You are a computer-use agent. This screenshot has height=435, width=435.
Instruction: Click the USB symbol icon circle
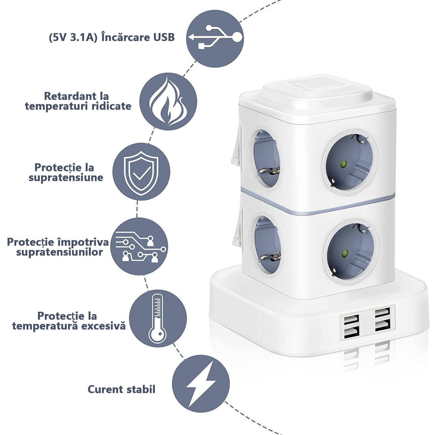coord(215,39)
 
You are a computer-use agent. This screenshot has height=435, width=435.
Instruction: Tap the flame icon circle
coord(168,101)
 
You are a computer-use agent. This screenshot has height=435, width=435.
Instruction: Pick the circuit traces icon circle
coord(139,246)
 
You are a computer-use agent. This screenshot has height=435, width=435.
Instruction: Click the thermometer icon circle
coord(158,318)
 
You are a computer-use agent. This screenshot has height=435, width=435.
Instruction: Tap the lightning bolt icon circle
coord(201,383)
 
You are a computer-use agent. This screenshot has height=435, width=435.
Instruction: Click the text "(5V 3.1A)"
coord(73,37)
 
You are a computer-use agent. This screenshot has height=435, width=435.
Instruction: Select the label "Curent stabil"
coord(122,389)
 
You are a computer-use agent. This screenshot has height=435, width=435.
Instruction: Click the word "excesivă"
coord(103,326)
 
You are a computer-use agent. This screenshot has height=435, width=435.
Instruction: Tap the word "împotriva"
coord(83,242)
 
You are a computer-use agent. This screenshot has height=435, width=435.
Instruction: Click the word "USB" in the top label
coord(164,37)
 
